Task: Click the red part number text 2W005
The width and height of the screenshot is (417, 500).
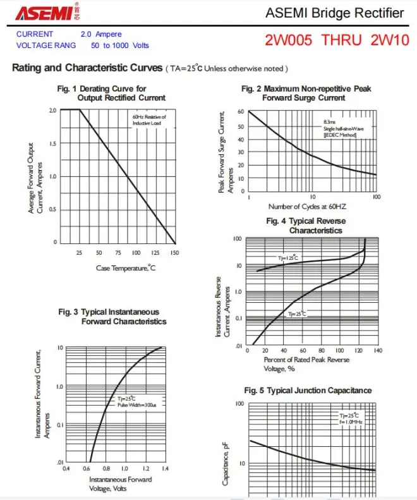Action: pos(291,40)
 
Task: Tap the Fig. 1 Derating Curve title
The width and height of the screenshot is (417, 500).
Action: pos(112,93)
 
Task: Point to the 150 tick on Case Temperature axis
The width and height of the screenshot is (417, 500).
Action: pos(174,253)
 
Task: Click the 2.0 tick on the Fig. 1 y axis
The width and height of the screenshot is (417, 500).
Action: pos(52,110)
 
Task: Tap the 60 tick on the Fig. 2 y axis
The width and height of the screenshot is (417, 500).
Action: pos(241,112)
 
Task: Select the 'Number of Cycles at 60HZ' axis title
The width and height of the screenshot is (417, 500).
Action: pos(308,207)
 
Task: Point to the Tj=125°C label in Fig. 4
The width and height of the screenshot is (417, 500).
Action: pos(287,259)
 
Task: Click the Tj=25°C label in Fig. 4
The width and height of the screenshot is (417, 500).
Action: pos(297,314)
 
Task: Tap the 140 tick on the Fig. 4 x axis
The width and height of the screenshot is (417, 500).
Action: pos(378,350)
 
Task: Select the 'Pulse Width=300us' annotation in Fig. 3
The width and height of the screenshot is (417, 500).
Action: pos(136,405)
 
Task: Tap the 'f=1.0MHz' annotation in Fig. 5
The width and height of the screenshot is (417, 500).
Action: pos(349,421)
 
